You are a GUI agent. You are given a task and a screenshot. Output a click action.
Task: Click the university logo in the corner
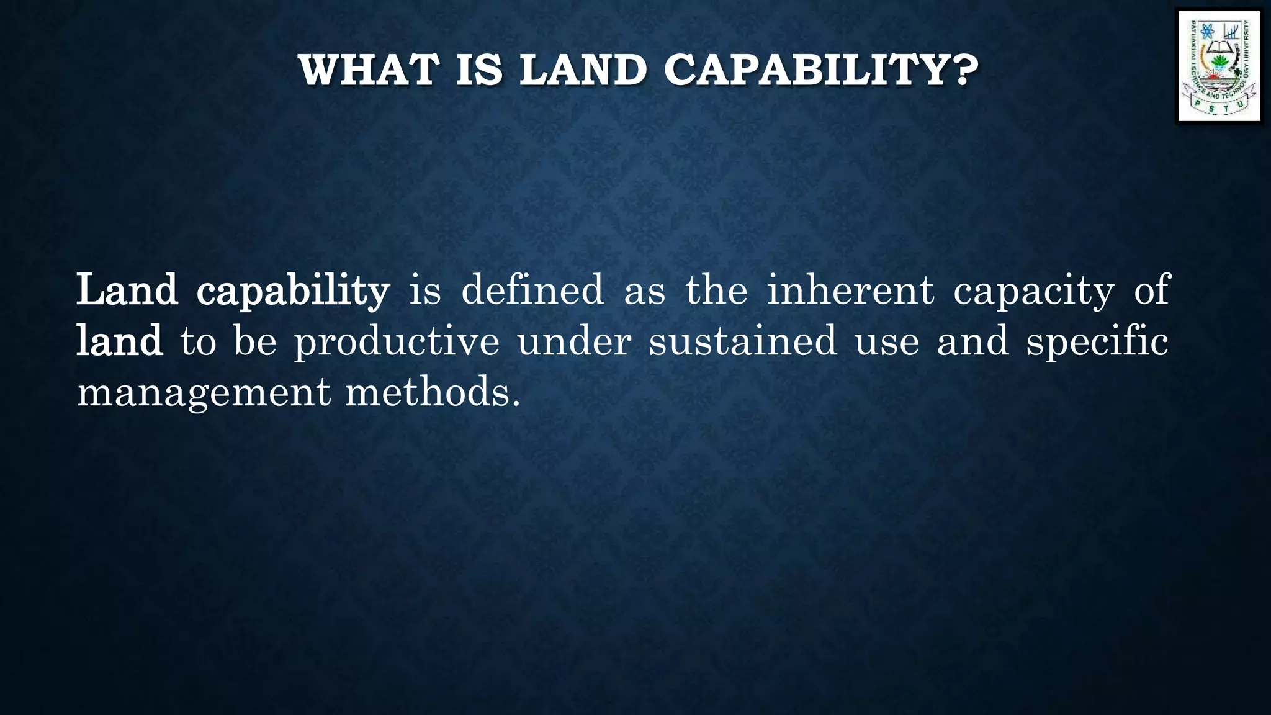point(1219,66)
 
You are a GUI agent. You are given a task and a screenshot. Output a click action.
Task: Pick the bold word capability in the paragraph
point(293,290)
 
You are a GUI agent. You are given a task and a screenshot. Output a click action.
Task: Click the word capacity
point(1034,290)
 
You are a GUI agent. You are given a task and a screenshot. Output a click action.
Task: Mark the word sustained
point(743,341)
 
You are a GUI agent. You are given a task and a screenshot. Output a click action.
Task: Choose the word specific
point(1097,341)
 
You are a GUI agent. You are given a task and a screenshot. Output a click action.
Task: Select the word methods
point(428,392)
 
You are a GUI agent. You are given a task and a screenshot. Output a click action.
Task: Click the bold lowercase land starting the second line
point(119,341)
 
